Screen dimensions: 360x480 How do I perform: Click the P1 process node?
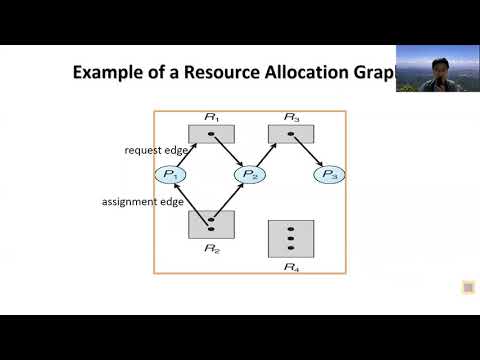click(170, 175)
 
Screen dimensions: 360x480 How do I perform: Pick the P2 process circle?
click(249, 175)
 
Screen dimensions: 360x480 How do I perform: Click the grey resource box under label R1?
click(210, 133)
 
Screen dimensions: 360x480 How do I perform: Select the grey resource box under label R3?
click(292, 133)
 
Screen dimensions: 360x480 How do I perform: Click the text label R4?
click(291, 267)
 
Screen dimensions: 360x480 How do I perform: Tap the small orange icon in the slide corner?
click(468, 288)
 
